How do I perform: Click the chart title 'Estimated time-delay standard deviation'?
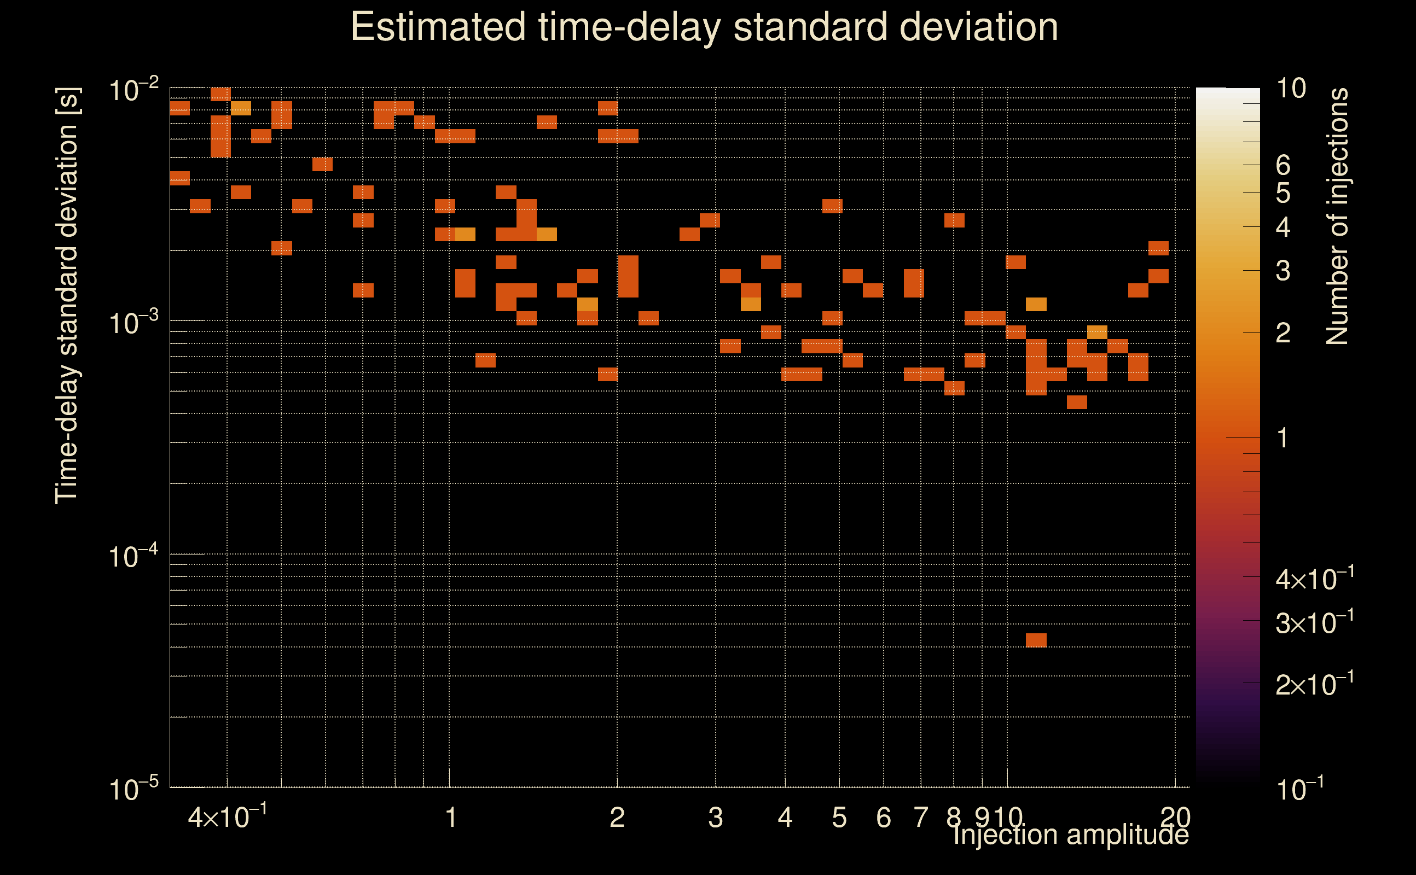coord(704,27)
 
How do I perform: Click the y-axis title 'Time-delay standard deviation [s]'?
coord(67,295)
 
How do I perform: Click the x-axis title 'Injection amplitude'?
coord(1070,835)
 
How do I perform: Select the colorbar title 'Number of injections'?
coord(1337,217)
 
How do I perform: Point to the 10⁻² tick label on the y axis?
coord(133,90)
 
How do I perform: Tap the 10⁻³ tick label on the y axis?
coord(133,323)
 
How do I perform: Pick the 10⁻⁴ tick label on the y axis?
coord(133,557)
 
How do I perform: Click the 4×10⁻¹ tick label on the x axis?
coord(228,817)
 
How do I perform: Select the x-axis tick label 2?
coord(617,818)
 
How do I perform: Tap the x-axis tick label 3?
coord(716,818)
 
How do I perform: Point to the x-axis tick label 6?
coord(884,818)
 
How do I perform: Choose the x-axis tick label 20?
coord(1175,818)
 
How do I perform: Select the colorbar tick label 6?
coord(1283,166)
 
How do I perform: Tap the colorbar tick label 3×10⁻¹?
coord(1314,623)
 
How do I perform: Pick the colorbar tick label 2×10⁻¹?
coord(1314,685)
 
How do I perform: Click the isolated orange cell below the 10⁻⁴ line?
coord(1036,640)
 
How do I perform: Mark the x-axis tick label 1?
coord(450,818)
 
